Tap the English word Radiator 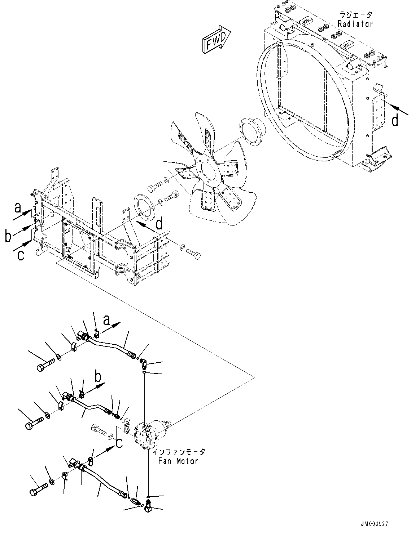(x=355, y=24)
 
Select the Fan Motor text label (x=178, y=461)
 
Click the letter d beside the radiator (x=395, y=120)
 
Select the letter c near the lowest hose (x=119, y=443)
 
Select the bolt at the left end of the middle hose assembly (x=34, y=421)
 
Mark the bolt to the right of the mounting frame (x=193, y=254)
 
